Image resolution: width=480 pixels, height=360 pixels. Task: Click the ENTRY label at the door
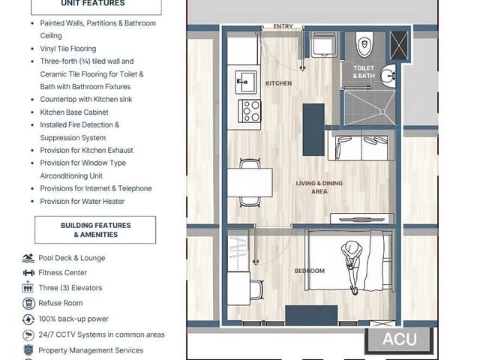coord(283,27)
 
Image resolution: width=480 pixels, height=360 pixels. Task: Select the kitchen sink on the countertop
coord(246,82)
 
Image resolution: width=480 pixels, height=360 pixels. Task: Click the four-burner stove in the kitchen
coord(250,111)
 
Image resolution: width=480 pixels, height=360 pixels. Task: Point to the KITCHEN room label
coord(278,83)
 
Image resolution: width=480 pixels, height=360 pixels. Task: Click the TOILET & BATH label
coord(364,72)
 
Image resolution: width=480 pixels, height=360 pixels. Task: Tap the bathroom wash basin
coord(388,75)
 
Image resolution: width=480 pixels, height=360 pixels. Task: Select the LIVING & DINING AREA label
coord(319,187)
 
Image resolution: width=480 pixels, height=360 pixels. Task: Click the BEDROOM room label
coord(310,271)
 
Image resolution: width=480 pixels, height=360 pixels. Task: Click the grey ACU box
coord(399,339)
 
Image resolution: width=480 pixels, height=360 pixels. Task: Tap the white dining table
coord(250,182)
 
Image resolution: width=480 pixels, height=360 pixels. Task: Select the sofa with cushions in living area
coord(361,145)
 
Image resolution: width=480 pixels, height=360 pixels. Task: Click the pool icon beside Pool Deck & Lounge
coord(28,258)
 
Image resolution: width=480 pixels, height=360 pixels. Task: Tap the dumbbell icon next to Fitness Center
coord(28,272)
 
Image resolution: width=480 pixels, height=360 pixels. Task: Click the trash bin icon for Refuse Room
coord(28,303)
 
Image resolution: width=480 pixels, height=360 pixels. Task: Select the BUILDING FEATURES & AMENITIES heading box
coord(95,230)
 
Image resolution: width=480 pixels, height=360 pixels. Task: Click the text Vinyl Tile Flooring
coord(68,49)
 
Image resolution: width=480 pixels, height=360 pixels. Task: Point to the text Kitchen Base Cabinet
coord(74,112)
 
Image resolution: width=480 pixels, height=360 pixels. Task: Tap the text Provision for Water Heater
coord(82,202)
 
